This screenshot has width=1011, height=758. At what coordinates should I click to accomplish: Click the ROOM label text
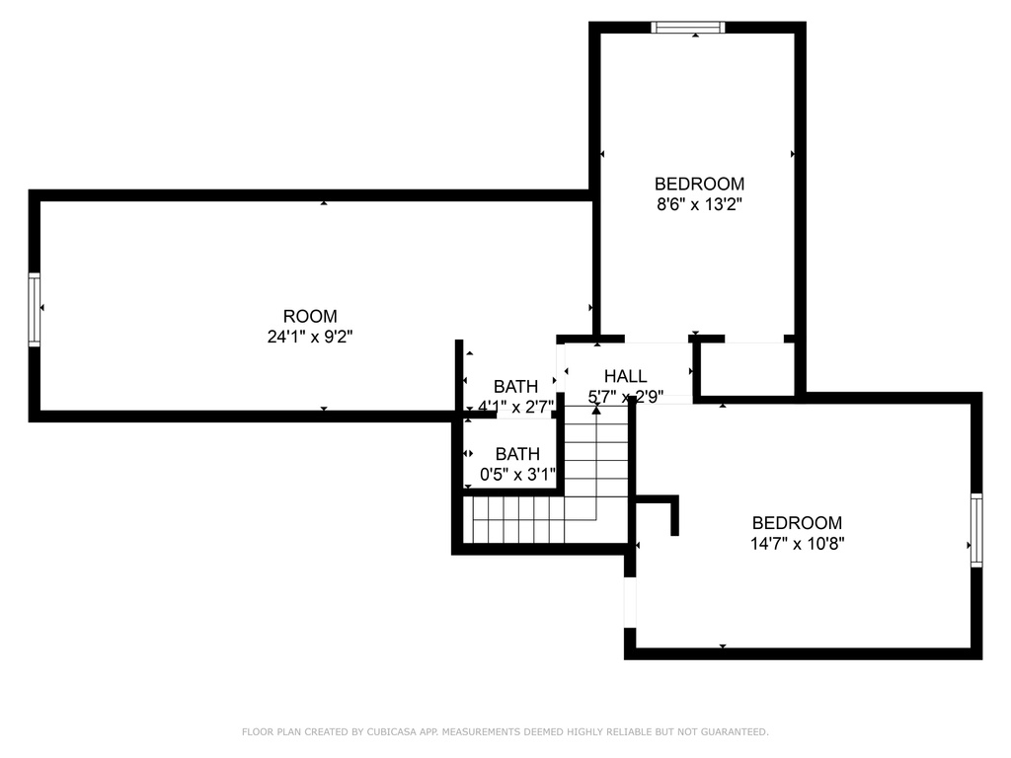(x=310, y=317)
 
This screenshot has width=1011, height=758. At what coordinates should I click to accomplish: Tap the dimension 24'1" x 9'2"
(x=310, y=337)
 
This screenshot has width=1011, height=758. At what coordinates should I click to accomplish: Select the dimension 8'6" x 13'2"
(x=700, y=205)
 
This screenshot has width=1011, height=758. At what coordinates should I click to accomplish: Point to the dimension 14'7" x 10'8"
(x=798, y=544)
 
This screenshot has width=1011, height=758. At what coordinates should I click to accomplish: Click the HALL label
(x=625, y=376)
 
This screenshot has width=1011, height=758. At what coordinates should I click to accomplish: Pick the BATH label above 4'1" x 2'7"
(x=515, y=387)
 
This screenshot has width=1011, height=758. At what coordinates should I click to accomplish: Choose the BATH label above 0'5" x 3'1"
(x=517, y=454)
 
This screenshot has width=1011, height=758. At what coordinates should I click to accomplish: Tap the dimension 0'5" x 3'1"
(x=517, y=475)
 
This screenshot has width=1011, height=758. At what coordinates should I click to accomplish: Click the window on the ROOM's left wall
(x=35, y=309)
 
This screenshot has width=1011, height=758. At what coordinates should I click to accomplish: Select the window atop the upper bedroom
(x=688, y=27)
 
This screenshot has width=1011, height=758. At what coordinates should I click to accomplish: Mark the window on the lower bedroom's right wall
(x=976, y=530)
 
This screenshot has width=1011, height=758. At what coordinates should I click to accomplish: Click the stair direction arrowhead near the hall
(x=596, y=410)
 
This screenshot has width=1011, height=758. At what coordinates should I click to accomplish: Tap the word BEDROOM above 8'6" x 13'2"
(x=700, y=184)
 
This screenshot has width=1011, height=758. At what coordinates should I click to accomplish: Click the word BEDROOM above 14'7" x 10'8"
(x=798, y=523)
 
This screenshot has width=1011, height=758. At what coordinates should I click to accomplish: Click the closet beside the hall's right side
(x=747, y=369)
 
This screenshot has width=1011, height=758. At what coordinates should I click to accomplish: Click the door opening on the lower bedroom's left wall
(x=630, y=602)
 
